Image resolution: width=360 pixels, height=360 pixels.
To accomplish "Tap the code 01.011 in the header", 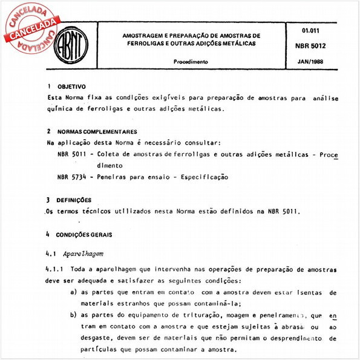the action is [x=310, y=30].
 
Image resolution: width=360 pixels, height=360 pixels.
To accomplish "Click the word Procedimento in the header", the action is [x=191, y=62].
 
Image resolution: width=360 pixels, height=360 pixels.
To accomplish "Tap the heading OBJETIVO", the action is [x=71, y=87].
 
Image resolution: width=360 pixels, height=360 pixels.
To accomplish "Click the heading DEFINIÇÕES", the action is [x=74, y=200].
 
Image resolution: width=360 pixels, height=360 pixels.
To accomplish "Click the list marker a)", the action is [x=73, y=292].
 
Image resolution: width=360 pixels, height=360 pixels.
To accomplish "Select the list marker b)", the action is [x=73, y=315].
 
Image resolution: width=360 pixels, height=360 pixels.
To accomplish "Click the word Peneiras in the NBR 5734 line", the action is [x=111, y=177].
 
